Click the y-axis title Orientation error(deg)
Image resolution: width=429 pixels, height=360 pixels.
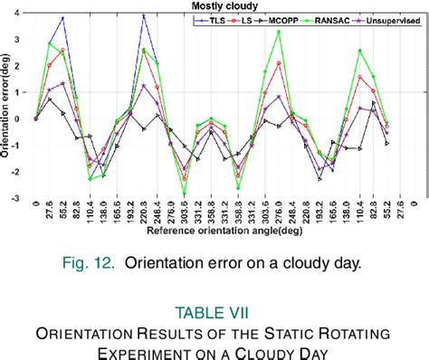coord(6,106)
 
